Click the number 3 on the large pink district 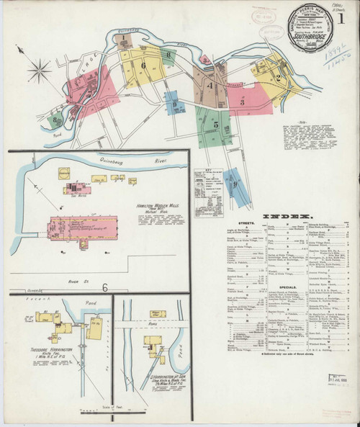(x=243, y=102)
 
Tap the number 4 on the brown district (x=210, y=86)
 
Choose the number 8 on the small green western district (x=55, y=120)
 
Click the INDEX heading (x=286, y=215)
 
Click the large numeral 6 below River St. (x=105, y=288)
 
